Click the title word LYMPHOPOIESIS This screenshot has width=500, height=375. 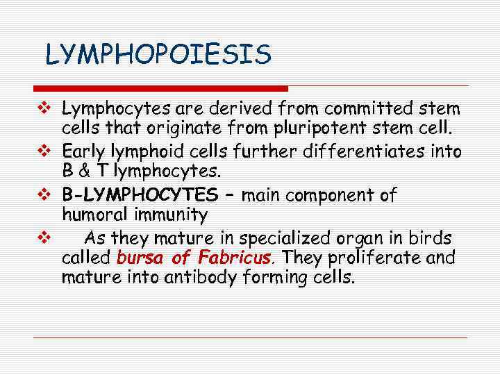pyautogui.click(x=158, y=55)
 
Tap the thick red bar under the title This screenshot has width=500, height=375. pyautogui.click(x=160, y=88)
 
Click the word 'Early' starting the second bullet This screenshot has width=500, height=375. pyautogui.click(x=83, y=152)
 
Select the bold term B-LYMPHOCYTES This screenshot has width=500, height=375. pyautogui.click(x=140, y=195)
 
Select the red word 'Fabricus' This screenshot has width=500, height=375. pyautogui.click(x=235, y=259)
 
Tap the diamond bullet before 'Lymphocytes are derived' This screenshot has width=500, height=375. pyautogui.click(x=43, y=109)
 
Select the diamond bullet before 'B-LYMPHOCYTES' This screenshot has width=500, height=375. pyautogui.click(x=43, y=195)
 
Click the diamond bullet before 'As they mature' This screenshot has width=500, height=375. pyautogui.click(x=43, y=238)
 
